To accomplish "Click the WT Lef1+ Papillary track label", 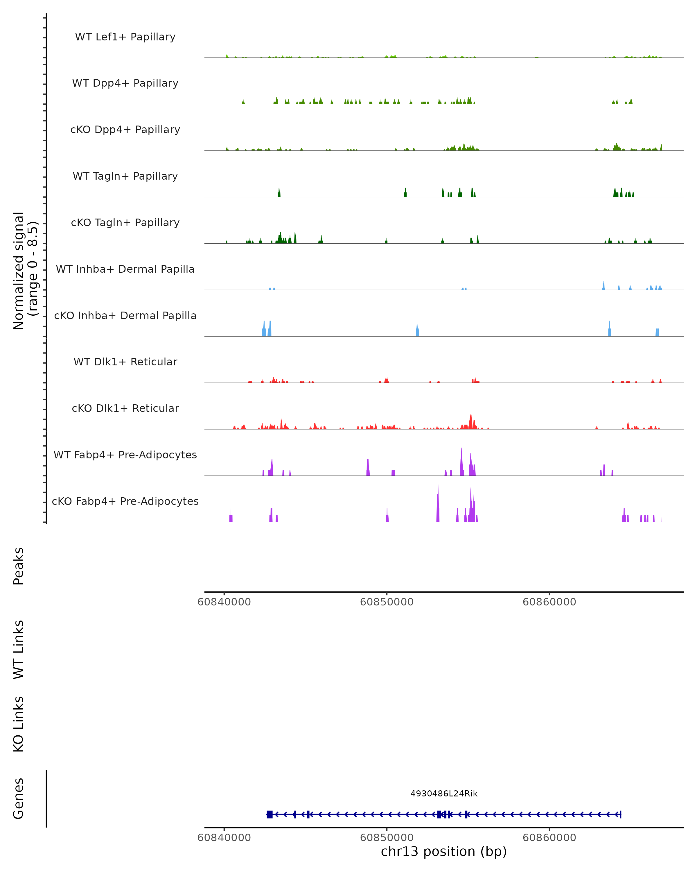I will click(x=125, y=37).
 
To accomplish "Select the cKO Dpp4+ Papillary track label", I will click(x=125, y=130).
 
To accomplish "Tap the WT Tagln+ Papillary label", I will click(x=125, y=176).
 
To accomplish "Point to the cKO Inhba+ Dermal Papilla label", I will click(x=125, y=316).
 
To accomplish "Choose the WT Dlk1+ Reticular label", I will click(x=125, y=362).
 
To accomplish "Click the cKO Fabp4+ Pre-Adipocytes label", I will click(x=125, y=501).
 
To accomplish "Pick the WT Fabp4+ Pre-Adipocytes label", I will click(x=125, y=455).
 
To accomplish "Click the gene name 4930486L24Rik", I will click(x=444, y=794).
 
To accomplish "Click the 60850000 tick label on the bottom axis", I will click(x=387, y=837).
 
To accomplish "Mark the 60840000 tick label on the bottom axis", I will click(x=224, y=837).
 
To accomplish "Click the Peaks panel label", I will click(x=19, y=566).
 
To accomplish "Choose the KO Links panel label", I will click(x=19, y=724).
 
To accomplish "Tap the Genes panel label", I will click(x=19, y=798).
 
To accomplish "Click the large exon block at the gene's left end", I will click(x=270, y=814).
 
